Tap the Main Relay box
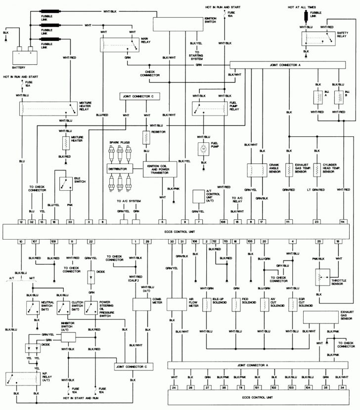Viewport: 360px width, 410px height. click(x=119, y=43)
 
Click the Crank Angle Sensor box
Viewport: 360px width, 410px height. click(x=257, y=169)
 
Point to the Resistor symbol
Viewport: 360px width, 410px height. click(x=146, y=136)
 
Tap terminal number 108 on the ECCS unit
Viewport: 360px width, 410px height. click(x=224, y=222)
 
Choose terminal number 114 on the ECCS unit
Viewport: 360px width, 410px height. click(x=342, y=222)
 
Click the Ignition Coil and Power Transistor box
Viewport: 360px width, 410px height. click(x=157, y=169)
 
